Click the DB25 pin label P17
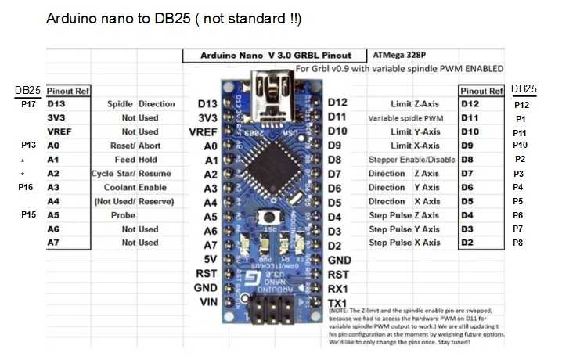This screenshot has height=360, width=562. click(x=29, y=104)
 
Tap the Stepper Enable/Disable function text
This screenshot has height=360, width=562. click(x=412, y=160)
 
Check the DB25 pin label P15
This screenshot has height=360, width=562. click(x=29, y=214)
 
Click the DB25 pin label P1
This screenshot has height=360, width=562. click(x=521, y=119)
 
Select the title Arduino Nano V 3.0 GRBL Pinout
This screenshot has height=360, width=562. click(x=276, y=56)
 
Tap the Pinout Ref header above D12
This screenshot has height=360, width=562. click(x=481, y=91)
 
